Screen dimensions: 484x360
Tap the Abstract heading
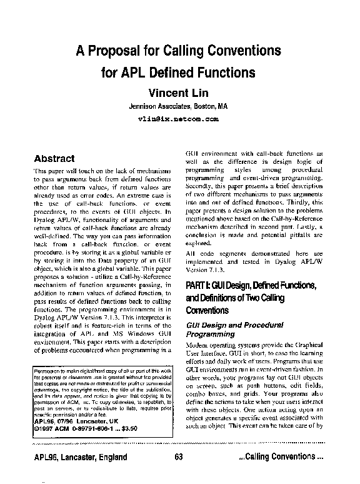pyautogui.click(x=54, y=159)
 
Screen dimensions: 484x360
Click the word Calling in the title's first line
pyautogui.click(x=184, y=50)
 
